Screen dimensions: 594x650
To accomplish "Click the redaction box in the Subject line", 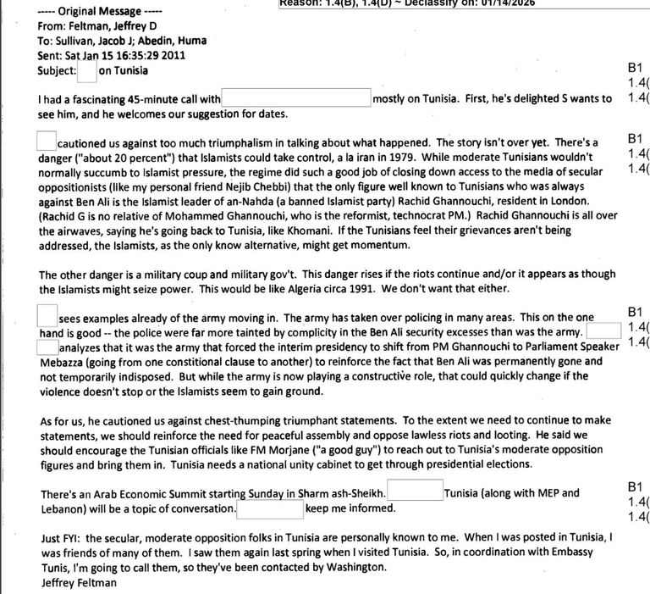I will (x=86, y=71).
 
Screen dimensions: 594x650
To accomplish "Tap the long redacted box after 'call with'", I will (x=296, y=98).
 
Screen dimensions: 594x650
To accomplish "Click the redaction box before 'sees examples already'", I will (x=47, y=317).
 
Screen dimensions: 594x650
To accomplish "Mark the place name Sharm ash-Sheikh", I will (x=344, y=493).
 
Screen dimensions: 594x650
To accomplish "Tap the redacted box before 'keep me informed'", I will (x=270, y=508).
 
